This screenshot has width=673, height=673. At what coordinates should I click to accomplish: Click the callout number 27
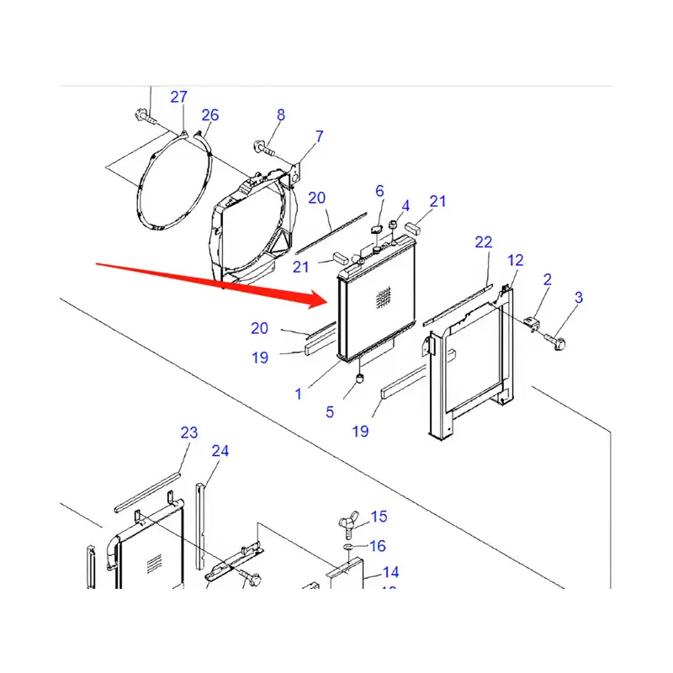(178, 98)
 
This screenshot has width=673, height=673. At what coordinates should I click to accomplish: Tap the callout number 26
(209, 115)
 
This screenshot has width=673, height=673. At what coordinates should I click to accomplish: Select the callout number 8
(281, 115)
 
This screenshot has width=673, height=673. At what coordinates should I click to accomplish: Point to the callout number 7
(319, 135)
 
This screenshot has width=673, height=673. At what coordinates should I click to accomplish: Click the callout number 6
(379, 191)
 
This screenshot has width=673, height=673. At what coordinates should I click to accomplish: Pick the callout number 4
(405, 206)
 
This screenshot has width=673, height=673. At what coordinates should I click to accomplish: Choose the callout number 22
(483, 242)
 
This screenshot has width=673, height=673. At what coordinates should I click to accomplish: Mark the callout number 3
(579, 297)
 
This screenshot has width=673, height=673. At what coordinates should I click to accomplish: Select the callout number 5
(330, 412)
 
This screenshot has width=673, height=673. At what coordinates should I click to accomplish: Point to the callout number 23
(188, 433)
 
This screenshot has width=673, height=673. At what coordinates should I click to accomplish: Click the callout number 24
(220, 452)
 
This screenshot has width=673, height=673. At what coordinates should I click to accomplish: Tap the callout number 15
(379, 517)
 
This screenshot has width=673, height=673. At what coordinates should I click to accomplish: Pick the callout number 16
(378, 547)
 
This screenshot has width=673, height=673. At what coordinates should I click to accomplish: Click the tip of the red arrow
(331, 299)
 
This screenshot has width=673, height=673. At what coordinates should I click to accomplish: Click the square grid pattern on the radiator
(384, 296)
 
